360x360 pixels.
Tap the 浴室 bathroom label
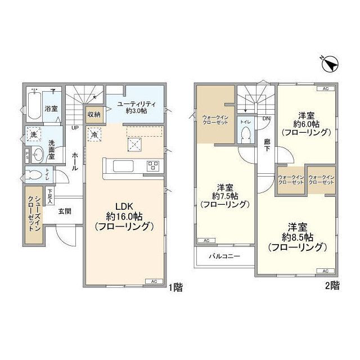click(x=51, y=107)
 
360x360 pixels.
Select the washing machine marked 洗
click(x=34, y=136)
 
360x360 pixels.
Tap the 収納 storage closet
click(x=93, y=114)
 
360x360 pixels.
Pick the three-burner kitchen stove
click(x=153, y=165)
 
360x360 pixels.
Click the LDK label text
click(x=124, y=206)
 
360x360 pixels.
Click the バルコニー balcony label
click(x=225, y=255)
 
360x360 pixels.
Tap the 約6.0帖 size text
click(x=307, y=123)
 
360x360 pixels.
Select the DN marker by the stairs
click(x=265, y=119)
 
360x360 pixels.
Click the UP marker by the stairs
click(x=74, y=128)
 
